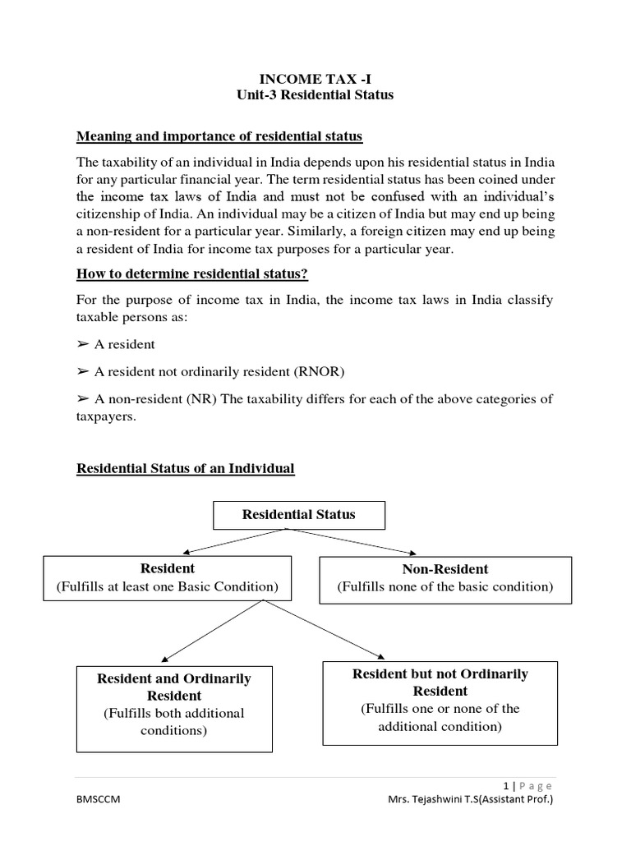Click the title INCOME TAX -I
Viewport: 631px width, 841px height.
pos(315,79)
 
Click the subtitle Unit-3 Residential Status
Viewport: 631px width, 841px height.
pos(315,95)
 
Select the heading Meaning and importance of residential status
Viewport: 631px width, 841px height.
pos(219,136)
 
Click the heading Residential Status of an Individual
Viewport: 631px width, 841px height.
pos(185,469)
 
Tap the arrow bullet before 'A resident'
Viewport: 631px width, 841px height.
pos(83,345)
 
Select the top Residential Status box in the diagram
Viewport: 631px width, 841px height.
pos(298,515)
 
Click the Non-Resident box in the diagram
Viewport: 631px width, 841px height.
pos(444,577)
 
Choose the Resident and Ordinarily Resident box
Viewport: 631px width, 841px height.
pos(174,704)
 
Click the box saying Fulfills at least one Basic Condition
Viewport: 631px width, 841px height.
pos(168,577)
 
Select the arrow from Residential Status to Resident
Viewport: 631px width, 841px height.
pos(234,541)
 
